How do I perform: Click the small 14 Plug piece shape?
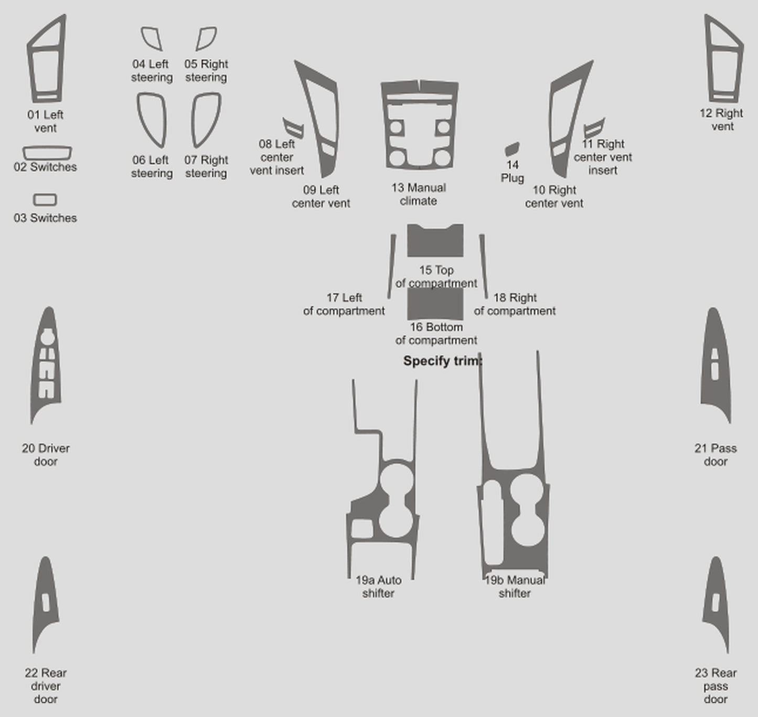pos(512,149)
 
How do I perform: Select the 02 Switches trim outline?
pos(47,147)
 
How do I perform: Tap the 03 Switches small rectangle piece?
pos(45,200)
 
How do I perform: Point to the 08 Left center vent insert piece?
pos(294,129)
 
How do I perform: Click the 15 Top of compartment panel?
pos(435,241)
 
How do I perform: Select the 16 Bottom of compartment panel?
pos(435,305)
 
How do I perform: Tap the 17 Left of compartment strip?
pos(392,266)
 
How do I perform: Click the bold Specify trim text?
pos(442,361)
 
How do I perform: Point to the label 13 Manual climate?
pos(419,194)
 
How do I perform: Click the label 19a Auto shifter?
pos(378,586)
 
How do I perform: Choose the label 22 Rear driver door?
pos(46,686)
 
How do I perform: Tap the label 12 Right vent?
pos(722,120)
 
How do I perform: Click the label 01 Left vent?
pos(45,121)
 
